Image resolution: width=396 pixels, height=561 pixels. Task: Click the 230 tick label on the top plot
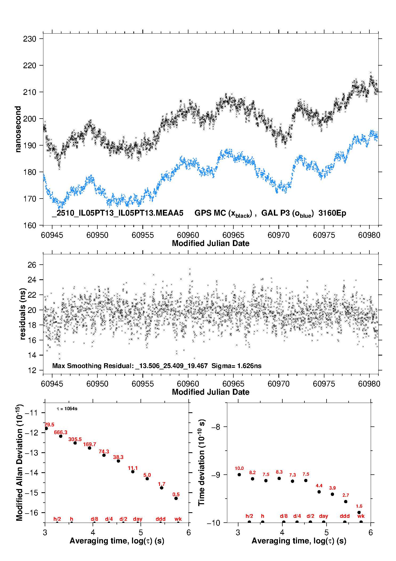pyautogui.click(x=30, y=39)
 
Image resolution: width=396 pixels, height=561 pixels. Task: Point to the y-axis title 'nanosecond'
pyautogui.click(x=18, y=129)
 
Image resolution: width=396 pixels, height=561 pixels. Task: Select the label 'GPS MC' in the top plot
pyautogui.click(x=210, y=213)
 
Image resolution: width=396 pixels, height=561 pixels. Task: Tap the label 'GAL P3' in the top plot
pyautogui.click(x=275, y=213)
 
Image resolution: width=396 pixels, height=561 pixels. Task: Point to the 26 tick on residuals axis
pyautogui.click(x=32, y=265)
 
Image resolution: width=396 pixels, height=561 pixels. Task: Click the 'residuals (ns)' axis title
pyautogui.click(x=23, y=314)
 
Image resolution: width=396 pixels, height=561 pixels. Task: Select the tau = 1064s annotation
pyautogui.click(x=67, y=409)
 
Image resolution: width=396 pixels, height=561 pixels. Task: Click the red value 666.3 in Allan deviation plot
pyautogui.click(x=61, y=432)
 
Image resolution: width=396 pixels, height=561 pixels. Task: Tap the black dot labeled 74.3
pyautogui.click(x=104, y=455)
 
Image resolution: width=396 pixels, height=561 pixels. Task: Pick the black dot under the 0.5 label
pyautogui.click(x=176, y=498)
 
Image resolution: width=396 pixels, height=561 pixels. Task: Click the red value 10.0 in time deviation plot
pyautogui.click(x=239, y=468)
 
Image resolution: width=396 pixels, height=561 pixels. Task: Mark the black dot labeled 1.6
pyautogui.click(x=359, y=512)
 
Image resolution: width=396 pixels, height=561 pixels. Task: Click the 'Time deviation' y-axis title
pyautogui.click(x=202, y=463)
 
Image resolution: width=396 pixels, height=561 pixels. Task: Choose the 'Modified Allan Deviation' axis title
pyautogui.click(x=19, y=462)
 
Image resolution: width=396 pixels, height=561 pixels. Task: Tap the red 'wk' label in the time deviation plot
pyautogui.click(x=361, y=516)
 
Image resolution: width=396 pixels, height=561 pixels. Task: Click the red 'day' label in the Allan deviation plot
pyautogui.click(x=138, y=519)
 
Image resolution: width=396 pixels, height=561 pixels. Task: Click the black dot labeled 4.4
pyautogui.click(x=319, y=492)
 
